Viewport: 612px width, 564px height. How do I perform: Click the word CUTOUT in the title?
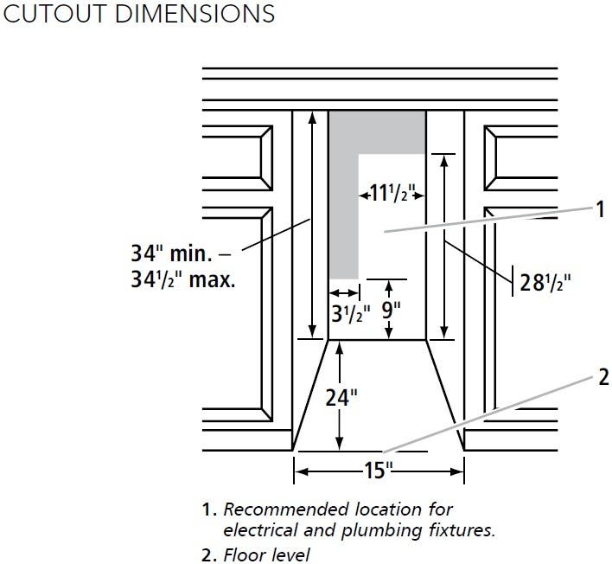[55, 14]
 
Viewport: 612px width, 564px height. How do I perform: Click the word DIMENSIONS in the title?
[194, 14]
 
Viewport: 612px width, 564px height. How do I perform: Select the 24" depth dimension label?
[341, 397]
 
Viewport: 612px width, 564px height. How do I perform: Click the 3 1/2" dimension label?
[350, 313]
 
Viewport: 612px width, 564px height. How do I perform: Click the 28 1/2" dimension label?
[545, 282]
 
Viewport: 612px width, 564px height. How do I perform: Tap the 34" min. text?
[172, 253]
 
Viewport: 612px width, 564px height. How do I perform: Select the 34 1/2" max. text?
[183, 279]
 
